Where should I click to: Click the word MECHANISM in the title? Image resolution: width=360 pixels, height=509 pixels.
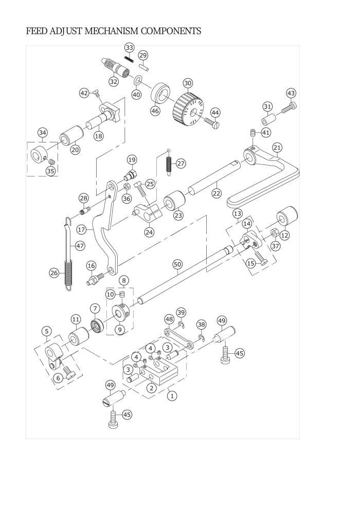coord(111,31)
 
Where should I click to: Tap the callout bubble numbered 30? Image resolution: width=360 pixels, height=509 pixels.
coord(188,83)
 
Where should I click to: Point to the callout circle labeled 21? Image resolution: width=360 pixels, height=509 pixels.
coord(277,148)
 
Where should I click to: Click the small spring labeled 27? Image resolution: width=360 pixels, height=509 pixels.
coord(169,162)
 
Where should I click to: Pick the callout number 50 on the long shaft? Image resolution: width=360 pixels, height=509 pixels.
coord(177,264)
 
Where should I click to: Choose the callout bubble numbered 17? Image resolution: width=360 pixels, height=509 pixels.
coord(81,230)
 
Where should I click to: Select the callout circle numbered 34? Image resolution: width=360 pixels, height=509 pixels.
coord(43,133)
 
